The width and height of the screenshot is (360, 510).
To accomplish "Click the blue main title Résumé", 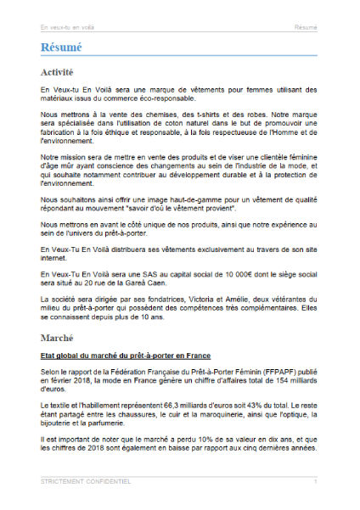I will pyautogui.click(x=61, y=49).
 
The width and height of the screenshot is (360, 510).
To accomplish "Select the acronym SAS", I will pyautogui.click(x=138, y=277).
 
